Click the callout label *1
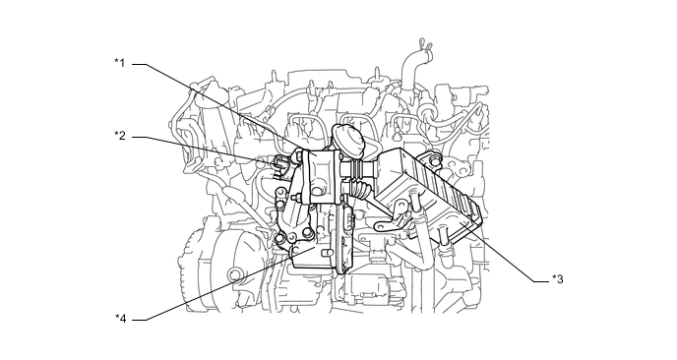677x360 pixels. coord(119,64)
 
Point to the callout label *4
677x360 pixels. coord(119,318)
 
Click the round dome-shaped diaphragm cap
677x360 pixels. coord(348,139)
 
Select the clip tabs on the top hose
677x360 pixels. coord(421,44)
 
